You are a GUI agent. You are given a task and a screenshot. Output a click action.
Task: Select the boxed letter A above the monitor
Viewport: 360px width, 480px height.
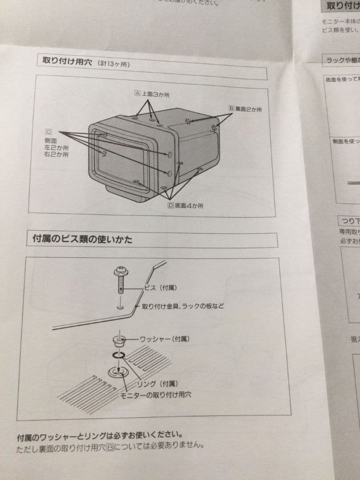coord(137,93)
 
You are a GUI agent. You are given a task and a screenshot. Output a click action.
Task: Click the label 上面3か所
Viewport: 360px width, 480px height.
coord(156,95)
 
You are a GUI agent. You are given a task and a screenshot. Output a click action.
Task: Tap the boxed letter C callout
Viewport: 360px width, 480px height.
coord(48,132)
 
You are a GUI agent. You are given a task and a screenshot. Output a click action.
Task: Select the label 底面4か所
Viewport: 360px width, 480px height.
coord(189,206)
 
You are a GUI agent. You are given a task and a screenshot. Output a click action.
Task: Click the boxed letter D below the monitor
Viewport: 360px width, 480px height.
coord(170,205)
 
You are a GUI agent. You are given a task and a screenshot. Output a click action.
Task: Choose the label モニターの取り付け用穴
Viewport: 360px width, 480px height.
coord(156,395)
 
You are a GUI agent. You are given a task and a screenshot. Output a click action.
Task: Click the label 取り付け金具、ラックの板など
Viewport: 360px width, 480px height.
coord(183,306)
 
